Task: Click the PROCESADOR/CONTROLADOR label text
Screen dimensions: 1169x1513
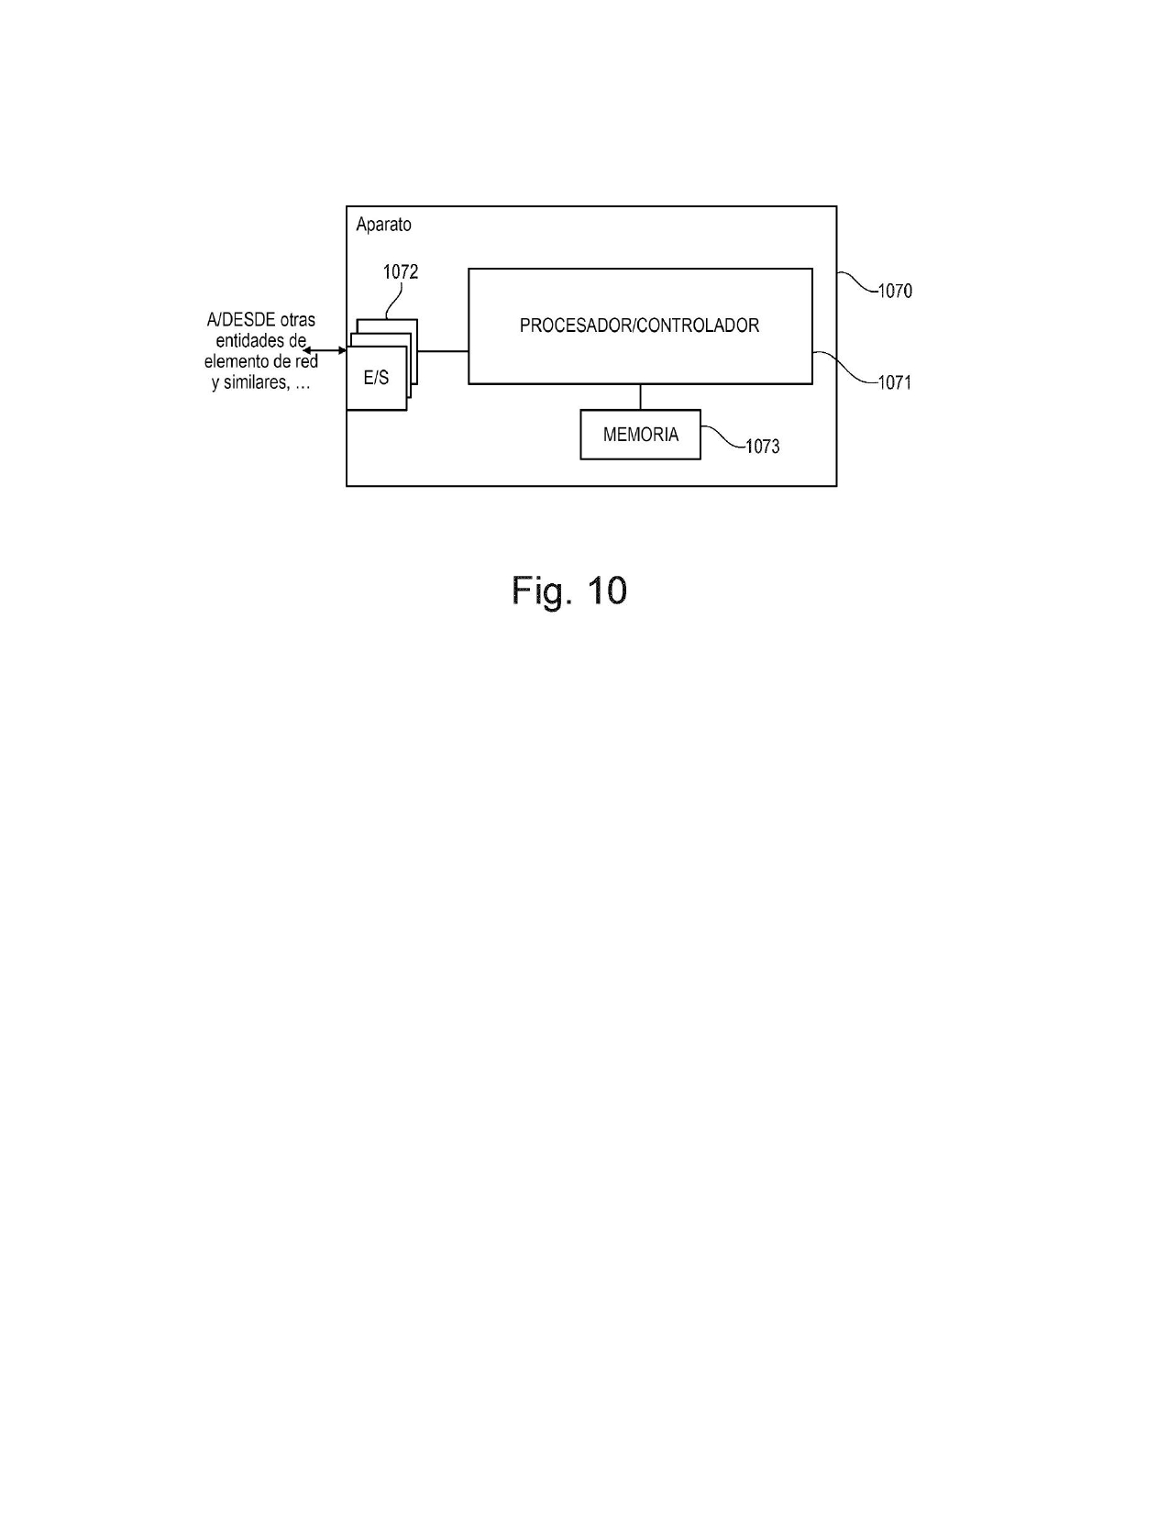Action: pos(639,326)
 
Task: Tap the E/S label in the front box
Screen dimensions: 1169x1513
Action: pos(376,378)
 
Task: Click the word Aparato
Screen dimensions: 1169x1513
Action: pos(383,225)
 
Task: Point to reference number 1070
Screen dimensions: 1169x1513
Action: pos(895,291)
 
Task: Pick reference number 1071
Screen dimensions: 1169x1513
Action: pos(895,382)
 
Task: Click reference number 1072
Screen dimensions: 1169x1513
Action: pos(401,271)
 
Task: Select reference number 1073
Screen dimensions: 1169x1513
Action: pos(763,447)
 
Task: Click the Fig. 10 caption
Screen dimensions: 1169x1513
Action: pos(569,591)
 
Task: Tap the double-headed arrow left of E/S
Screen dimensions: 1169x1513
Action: pos(325,350)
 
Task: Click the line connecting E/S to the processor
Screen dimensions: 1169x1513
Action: pos(443,351)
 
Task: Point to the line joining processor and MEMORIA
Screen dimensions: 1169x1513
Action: pos(641,397)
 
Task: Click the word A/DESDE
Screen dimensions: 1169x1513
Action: pos(241,320)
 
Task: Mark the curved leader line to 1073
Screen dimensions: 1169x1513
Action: pos(723,437)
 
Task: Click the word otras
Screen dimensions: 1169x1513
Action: pos(297,320)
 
